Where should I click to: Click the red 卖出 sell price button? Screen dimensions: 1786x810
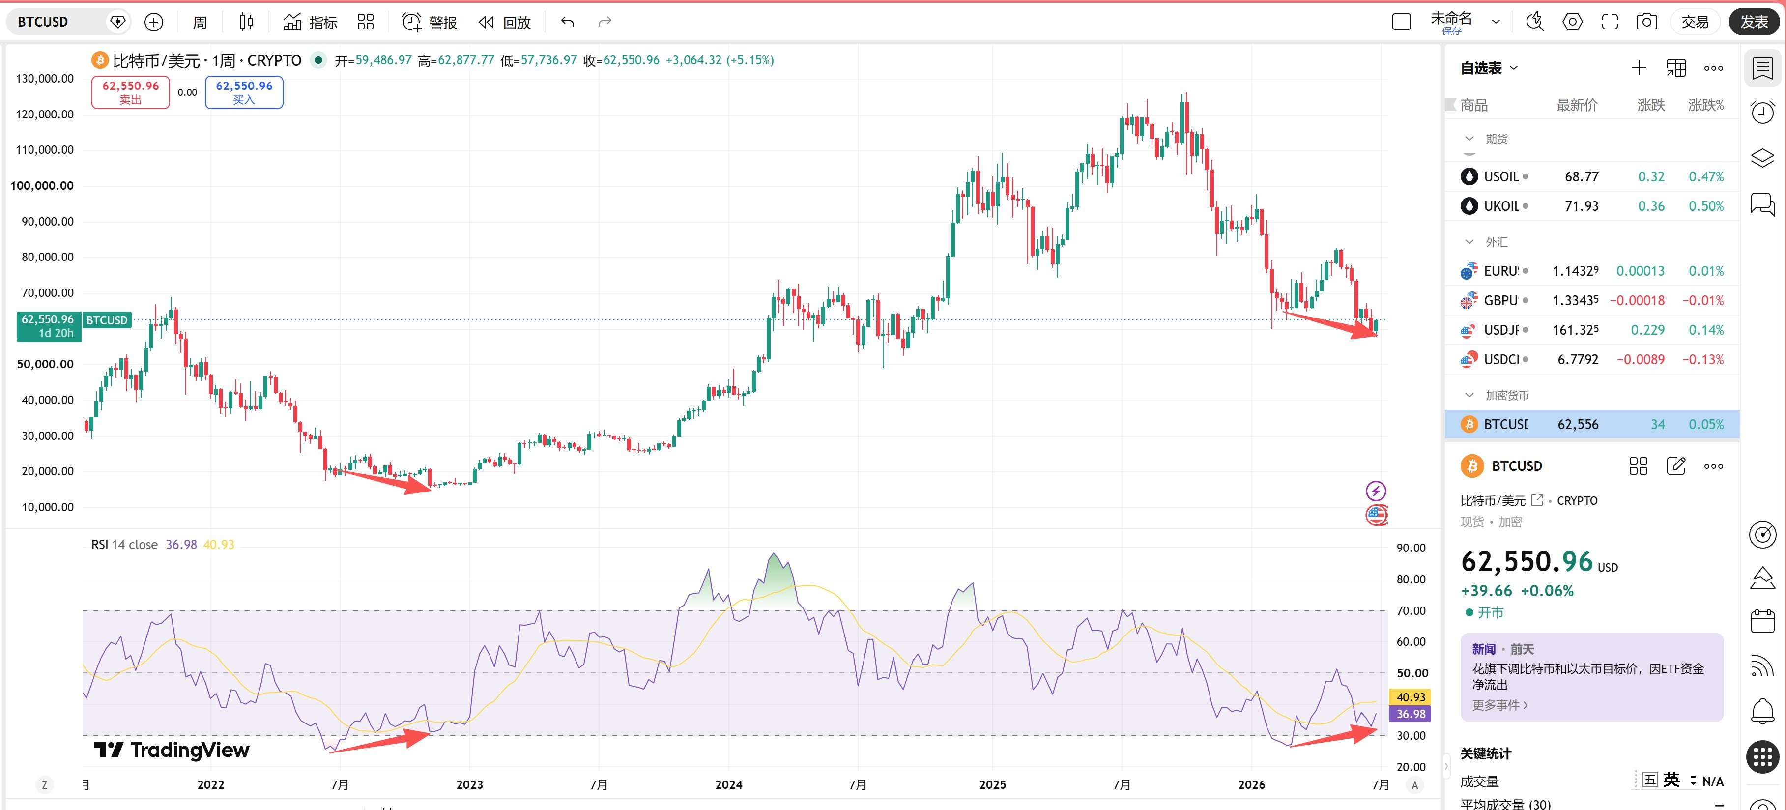click(130, 92)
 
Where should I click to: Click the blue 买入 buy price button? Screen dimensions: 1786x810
click(244, 92)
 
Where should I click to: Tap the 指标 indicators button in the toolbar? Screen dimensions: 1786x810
click(310, 22)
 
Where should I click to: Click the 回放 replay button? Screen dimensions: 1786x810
click(505, 22)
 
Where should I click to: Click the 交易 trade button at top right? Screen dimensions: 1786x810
click(1695, 22)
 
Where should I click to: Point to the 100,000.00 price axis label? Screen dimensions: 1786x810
click(42, 186)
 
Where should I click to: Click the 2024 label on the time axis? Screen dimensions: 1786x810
click(729, 784)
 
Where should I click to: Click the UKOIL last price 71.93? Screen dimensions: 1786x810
click(1582, 206)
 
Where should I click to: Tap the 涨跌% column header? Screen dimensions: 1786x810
click(1705, 105)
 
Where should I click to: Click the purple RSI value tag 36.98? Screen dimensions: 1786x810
click(1410, 714)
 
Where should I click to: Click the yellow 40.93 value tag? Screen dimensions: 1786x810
click(1410, 697)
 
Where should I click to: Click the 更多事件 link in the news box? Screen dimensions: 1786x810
click(1499, 705)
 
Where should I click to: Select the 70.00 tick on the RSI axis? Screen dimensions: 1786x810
click(1410, 611)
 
